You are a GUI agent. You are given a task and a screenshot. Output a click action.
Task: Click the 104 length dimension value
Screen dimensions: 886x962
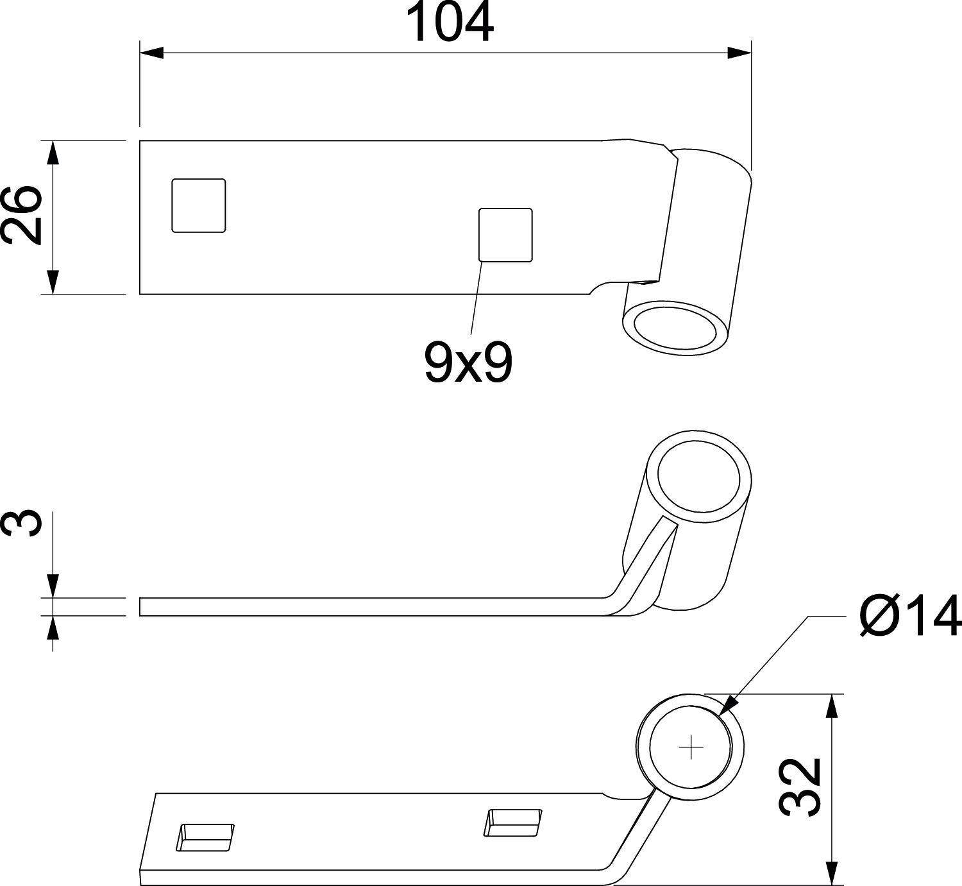(451, 23)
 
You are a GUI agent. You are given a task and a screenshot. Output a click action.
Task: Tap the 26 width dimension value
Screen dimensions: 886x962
(21, 216)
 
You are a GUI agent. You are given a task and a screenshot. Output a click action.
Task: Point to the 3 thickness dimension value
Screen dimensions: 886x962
(21, 523)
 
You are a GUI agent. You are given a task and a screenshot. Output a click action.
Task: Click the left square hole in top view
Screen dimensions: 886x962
(199, 205)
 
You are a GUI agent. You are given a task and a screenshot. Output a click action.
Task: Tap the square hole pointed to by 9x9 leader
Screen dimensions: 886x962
(505, 235)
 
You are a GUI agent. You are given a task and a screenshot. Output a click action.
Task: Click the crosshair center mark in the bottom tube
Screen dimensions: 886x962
(691, 747)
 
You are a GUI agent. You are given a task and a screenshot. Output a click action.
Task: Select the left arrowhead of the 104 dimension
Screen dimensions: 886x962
(151, 53)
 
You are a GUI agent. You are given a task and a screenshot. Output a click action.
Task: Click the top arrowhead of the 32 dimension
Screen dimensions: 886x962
(832, 706)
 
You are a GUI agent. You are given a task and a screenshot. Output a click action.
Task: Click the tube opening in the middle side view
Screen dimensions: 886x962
(699, 479)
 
